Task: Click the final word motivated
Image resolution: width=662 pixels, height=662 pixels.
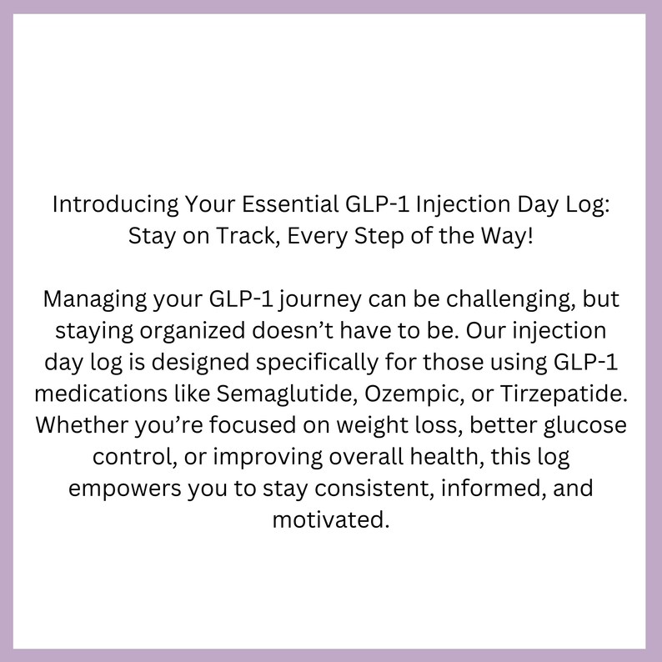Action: [330, 519]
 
